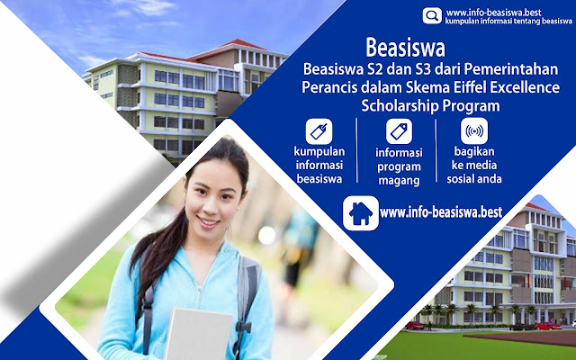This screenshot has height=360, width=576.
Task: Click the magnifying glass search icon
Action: point(432,15)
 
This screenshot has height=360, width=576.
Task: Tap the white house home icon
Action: point(360,213)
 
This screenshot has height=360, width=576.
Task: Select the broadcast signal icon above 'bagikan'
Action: point(474,130)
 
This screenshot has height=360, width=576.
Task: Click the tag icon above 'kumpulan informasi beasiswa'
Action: point(319,131)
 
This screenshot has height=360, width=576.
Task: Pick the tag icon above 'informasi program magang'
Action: point(399,131)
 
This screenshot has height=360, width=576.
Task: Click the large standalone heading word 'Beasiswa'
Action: point(405,48)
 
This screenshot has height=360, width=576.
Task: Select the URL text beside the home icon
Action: point(441,212)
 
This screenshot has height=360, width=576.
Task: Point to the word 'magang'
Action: point(399,181)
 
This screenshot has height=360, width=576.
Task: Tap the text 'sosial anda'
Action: point(474,179)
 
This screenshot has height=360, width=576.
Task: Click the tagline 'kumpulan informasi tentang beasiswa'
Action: point(508,22)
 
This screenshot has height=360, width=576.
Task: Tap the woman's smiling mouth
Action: point(208,222)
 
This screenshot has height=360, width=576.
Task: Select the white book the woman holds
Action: point(198,334)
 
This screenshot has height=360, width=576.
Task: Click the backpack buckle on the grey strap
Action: point(243,327)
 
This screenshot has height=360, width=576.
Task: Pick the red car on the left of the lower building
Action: point(414,326)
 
